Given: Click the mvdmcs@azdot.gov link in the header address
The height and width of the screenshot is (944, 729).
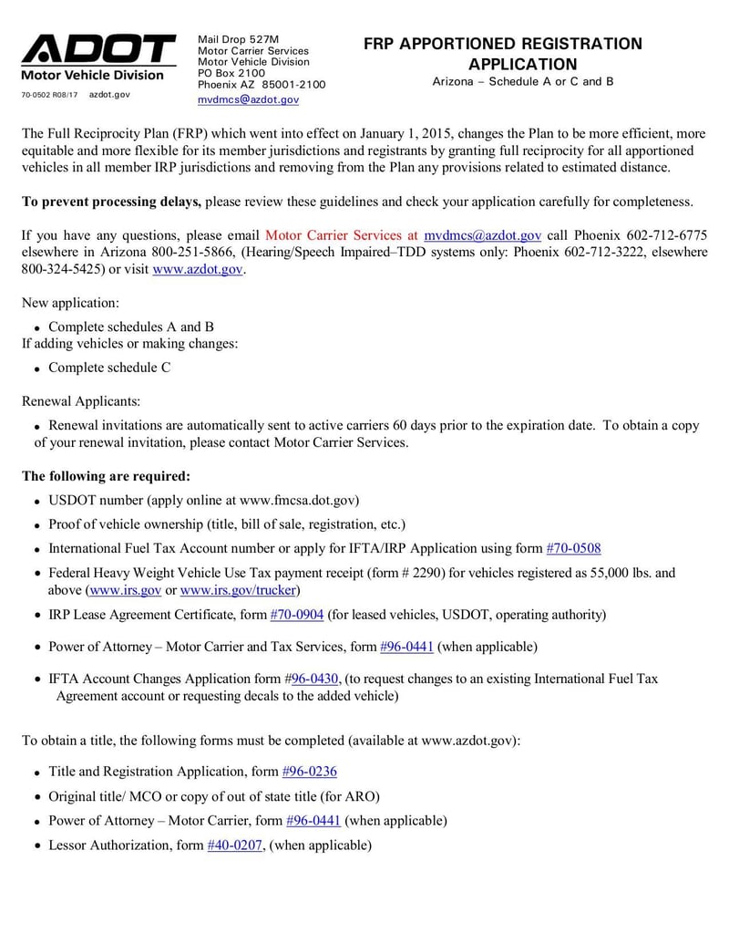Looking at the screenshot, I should (248, 99).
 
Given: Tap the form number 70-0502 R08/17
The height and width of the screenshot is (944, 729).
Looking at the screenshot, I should (49, 95).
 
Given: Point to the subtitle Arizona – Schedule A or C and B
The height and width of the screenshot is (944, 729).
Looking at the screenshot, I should (522, 81).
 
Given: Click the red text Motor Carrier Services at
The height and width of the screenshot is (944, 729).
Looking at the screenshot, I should (342, 235).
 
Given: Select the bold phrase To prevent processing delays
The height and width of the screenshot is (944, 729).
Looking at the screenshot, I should (111, 202).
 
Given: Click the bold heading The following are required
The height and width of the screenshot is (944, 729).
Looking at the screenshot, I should (106, 476).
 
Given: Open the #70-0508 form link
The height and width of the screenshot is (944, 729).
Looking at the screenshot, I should (573, 548).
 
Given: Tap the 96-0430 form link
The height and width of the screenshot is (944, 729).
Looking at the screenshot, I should (315, 679).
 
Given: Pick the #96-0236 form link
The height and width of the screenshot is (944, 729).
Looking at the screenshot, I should (310, 772).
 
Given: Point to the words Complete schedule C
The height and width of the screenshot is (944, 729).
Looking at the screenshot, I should (109, 368).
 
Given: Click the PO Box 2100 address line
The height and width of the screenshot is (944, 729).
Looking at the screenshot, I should (231, 73).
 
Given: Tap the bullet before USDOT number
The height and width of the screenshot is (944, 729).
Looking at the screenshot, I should (36, 502).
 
